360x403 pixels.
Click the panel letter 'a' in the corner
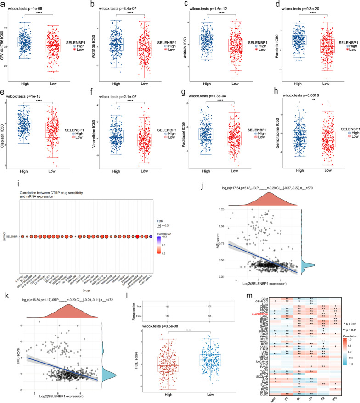pos(3,4)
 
